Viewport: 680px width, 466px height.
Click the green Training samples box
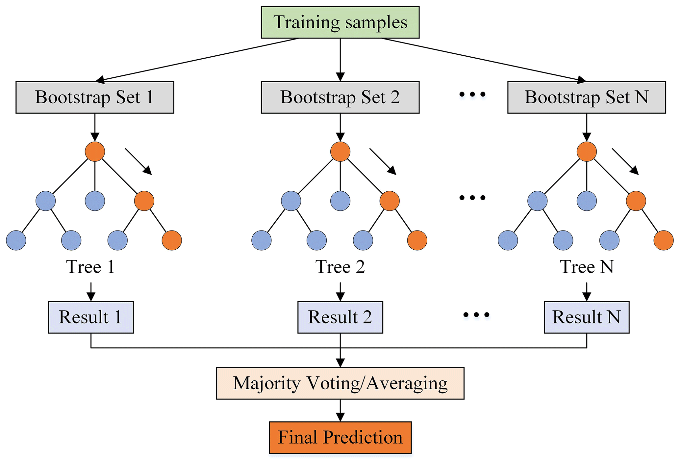[340, 22]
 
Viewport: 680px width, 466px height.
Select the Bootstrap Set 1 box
[95, 97]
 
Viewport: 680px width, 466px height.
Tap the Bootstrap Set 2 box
[340, 97]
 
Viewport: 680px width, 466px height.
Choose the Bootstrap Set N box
[586, 97]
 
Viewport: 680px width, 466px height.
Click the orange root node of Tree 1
[95, 151]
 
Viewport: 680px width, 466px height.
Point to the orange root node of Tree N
[587, 151]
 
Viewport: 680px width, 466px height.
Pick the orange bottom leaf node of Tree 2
[417, 240]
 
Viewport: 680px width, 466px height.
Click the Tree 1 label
[90, 266]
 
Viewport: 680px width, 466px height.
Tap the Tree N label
[587, 266]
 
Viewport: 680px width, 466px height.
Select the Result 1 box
[91, 317]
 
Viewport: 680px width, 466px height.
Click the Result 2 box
[340, 317]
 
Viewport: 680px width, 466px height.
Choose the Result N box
[586, 317]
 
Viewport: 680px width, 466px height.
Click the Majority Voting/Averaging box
[340, 383]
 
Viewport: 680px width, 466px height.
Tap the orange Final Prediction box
[340, 437]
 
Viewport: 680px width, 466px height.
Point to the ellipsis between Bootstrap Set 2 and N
[472, 95]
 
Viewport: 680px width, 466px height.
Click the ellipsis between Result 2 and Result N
[476, 315]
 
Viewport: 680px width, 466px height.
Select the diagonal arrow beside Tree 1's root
[139, 161]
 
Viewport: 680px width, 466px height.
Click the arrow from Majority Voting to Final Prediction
[340, 410]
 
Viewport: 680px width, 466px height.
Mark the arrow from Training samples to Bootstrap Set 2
[340, 60]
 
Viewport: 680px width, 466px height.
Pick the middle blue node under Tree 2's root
[340, 201]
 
